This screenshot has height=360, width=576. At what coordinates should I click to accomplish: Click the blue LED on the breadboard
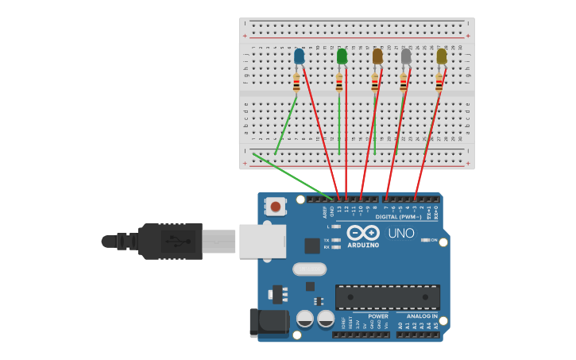point(299,56)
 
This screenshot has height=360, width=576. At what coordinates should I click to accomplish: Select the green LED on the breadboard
point(342,56)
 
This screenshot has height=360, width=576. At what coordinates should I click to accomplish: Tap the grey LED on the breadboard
point(406,56)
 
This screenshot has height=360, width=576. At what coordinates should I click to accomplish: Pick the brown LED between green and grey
point(377,56)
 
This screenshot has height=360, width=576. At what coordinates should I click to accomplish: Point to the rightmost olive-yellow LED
point(441,56)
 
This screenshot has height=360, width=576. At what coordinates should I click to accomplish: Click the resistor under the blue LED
point(297,83)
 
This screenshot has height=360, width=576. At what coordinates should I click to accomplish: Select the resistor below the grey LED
point(404,83)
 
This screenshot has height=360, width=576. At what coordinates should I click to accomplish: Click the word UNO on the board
point(401,234)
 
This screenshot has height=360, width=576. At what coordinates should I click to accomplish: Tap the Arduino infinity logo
point(362,233)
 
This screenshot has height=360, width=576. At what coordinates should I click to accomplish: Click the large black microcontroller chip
point(387,297)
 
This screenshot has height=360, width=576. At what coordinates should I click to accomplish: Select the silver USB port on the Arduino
point(263,241)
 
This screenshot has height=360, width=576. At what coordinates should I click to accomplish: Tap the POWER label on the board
point(378,316)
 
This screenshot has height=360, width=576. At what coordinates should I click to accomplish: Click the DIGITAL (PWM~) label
point(397,216)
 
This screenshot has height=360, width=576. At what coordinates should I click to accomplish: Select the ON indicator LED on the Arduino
point(425,240)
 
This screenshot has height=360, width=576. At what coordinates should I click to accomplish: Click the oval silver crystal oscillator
point(309,269)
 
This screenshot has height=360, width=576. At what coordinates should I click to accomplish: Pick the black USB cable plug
point(170,241)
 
